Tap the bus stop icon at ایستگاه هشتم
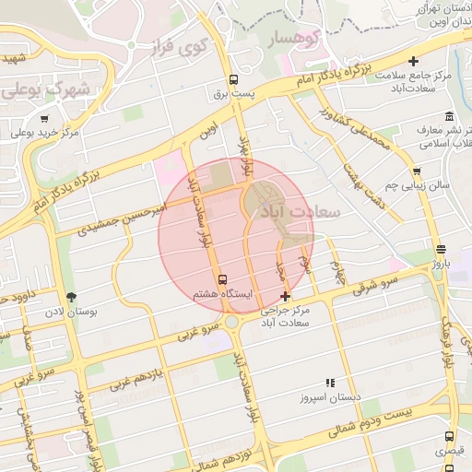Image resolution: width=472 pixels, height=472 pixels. tap(221, 279)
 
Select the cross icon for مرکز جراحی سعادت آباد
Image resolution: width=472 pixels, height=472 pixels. tap(286, 297)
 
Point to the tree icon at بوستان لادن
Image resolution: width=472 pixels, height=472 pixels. tap(71, 296)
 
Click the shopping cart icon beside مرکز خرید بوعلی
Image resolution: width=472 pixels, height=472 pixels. tap(44, 118)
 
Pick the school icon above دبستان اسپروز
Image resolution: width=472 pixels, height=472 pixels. tap(329, 383)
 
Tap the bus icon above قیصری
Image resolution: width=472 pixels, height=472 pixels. tap(448, 436)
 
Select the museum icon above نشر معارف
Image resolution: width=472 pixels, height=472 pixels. tap(448, 116)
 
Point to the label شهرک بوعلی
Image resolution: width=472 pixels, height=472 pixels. tap(48, 90)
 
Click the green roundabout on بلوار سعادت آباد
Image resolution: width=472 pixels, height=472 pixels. tap(232, 323)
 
